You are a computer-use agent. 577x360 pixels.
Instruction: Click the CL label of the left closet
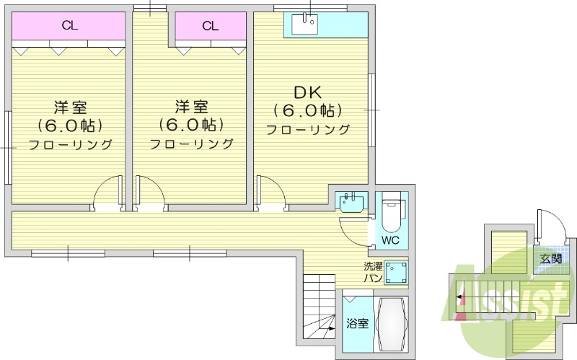(69, 27)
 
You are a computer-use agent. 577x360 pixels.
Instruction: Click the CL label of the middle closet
(210, 27)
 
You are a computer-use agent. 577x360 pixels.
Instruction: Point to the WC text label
(390, 240)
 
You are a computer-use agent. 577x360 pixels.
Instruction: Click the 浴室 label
(357, 323)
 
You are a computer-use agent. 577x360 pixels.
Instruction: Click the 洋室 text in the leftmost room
(70, 107)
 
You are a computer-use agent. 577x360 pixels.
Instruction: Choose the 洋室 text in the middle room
(191, 107)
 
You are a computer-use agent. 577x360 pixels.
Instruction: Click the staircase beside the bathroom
(318, 303)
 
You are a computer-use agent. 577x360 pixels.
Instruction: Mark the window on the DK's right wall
(371, 108)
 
